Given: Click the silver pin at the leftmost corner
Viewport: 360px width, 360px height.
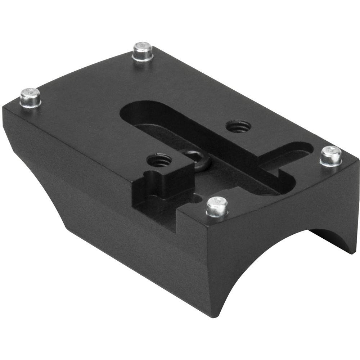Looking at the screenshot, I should pos(30,97).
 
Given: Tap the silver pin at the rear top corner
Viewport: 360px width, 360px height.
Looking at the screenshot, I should pos(143,51).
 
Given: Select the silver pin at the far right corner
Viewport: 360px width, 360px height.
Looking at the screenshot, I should pos(331,156).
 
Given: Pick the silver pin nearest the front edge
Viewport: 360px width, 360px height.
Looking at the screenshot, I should pos(217,207).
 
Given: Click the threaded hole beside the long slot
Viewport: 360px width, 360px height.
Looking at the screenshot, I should pos(238,126).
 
